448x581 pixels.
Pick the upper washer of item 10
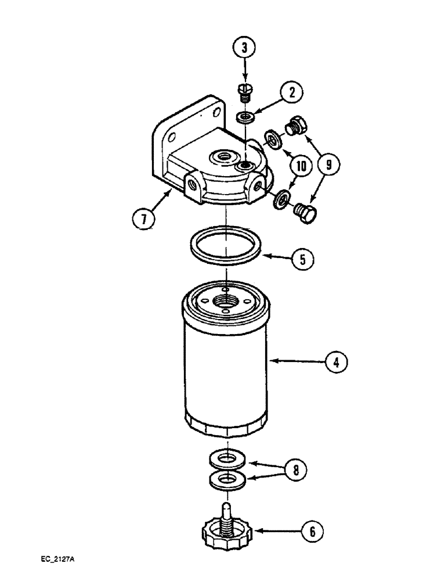pyautogui.click(x=272, y=139)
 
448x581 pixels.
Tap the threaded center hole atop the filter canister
pyautogui.click(x=224, y=301)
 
